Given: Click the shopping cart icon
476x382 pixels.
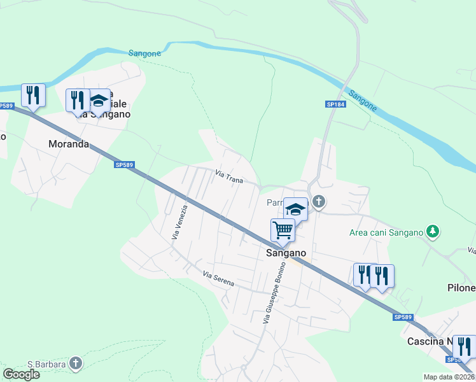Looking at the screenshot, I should [282, 229].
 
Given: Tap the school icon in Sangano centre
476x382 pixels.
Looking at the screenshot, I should [296, 208].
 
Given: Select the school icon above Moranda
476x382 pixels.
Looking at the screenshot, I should [99, 101].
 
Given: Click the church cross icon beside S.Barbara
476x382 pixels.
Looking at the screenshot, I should [76, 364].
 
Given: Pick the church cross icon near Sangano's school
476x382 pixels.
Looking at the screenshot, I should [319, 202].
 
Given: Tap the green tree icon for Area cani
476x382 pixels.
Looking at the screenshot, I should [433, 231].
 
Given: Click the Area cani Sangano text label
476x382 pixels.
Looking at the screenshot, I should [386, 232].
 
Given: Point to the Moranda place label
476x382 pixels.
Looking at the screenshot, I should [69, 144].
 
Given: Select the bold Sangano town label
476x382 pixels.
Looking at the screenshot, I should [286, 253].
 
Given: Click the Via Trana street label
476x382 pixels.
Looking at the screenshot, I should [229, 176].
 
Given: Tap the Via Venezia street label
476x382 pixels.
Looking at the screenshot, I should [179, 222].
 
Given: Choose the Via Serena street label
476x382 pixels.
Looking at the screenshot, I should [218, 278].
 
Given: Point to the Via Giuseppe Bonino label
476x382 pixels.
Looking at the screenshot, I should [275, 292].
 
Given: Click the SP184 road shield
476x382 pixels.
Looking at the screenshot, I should [335, 104].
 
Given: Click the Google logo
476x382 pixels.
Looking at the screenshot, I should [21, 374].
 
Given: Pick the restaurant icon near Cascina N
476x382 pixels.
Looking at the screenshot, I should [464, 346].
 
